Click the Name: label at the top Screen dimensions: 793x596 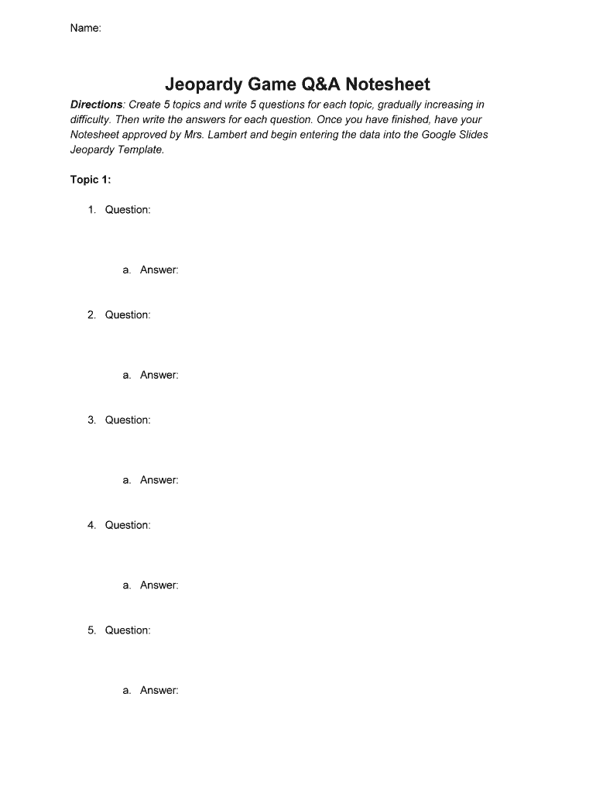tap(85, 28)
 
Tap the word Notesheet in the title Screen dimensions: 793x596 tap(388, 84)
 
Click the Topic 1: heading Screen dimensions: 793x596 tap(91, 180)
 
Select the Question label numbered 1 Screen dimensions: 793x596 tap(128, 210)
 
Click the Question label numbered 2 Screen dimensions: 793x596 tap(128, 315)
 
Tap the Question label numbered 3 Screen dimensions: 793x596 tap(128, 421)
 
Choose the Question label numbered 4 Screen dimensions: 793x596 tap(128, 525)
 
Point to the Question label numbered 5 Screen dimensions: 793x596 tap(128, 630)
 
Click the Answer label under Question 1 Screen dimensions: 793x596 tap(159, 270)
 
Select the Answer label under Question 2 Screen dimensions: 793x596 tap(159, 376)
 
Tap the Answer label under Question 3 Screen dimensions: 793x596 tap(159, 480)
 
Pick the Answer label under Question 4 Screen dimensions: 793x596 tap(159, 585)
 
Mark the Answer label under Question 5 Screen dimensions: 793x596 tap(159, 691)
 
